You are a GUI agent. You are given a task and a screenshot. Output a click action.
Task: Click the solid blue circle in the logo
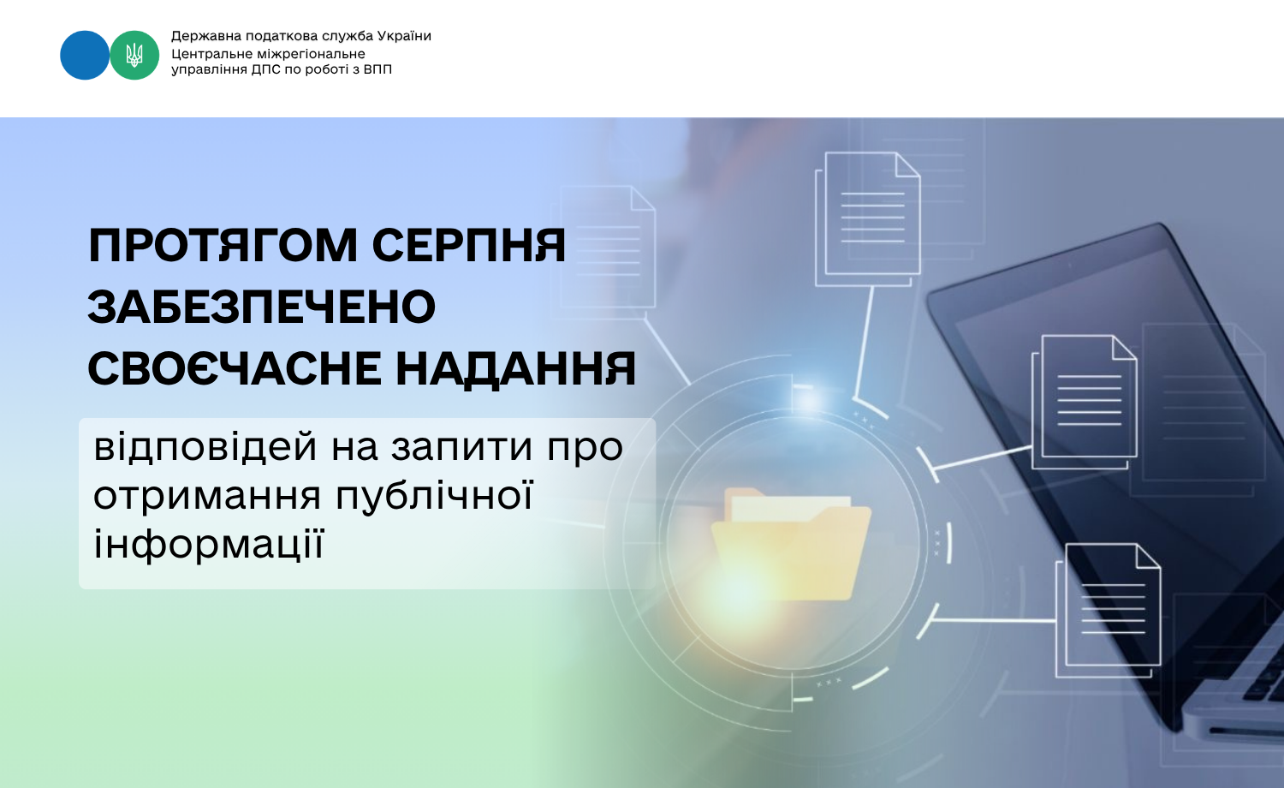point(84,55)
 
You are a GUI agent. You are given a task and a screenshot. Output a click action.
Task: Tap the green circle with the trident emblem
point(134,55)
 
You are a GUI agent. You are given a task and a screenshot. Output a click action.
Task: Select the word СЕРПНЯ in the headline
point(469,246)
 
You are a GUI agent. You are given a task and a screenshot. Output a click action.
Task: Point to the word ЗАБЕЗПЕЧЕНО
point(262,307)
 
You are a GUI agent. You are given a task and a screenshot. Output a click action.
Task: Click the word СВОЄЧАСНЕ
point(235,368)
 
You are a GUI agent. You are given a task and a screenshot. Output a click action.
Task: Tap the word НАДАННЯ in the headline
point(516,368)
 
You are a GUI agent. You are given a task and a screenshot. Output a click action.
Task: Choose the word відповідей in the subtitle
point(205,448)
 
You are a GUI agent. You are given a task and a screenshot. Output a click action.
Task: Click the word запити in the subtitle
point(462,449)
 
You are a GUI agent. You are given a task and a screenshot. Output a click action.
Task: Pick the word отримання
point(207,497)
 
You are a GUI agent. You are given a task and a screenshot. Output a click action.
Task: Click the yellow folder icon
point(790,544)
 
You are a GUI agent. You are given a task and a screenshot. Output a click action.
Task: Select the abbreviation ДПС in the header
point(266,69)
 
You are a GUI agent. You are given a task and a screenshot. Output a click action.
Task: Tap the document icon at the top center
point(868,218)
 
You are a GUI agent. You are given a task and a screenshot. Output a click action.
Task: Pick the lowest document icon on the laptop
point(1108,610)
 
